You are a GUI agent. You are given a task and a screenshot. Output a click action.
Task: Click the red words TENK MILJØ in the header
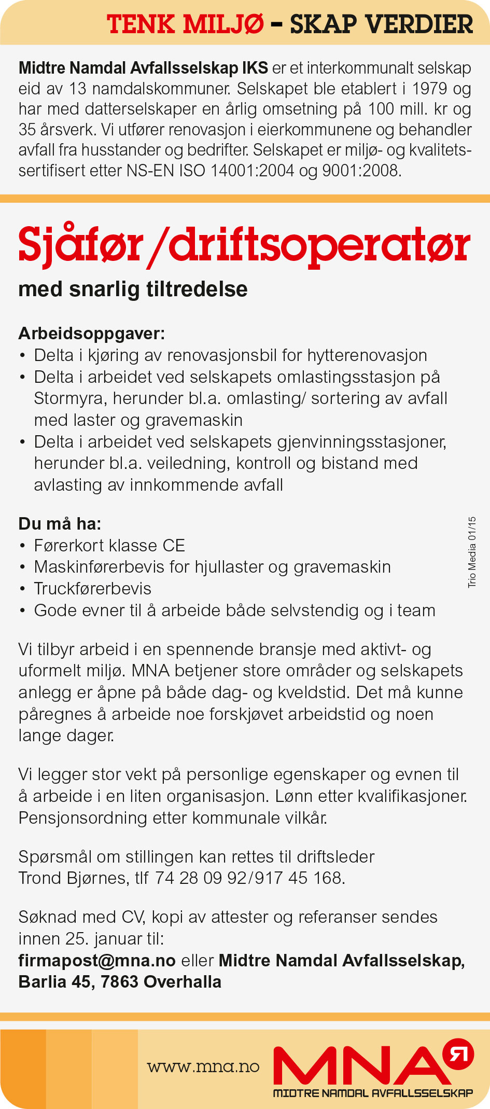click(x=185, y=24)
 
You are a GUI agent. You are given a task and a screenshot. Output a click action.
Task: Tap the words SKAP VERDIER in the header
click(x=381, y=24)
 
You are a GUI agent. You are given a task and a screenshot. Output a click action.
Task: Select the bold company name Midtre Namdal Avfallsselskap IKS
click(x=143, y=68)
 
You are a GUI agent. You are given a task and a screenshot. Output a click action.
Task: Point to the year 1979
click(x=430, y=89)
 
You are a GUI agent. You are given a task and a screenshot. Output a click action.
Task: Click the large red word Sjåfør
click(x=80, y=245)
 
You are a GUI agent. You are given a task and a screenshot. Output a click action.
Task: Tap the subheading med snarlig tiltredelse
click(x=133, y=289)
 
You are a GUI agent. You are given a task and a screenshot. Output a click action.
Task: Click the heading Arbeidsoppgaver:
click(x=91, y=333)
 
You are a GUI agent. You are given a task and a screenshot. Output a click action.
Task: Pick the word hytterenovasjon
click(x=367, y=355)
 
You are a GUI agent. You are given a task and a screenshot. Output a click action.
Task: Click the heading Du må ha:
click(x=60, y=524)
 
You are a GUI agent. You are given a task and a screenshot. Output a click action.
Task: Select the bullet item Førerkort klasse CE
click(x=109, y=546)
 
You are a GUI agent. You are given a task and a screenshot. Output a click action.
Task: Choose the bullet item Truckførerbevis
click(x=93, y=589)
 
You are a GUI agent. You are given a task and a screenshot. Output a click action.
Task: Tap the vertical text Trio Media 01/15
click(x=472, y=552)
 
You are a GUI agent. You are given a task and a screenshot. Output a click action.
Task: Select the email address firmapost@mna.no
click(x=97, y=961)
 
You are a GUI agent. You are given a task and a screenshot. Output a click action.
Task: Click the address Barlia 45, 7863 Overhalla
click(x=120, y=982)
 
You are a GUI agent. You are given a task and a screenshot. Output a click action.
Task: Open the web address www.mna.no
click(x=203, y=1066)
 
